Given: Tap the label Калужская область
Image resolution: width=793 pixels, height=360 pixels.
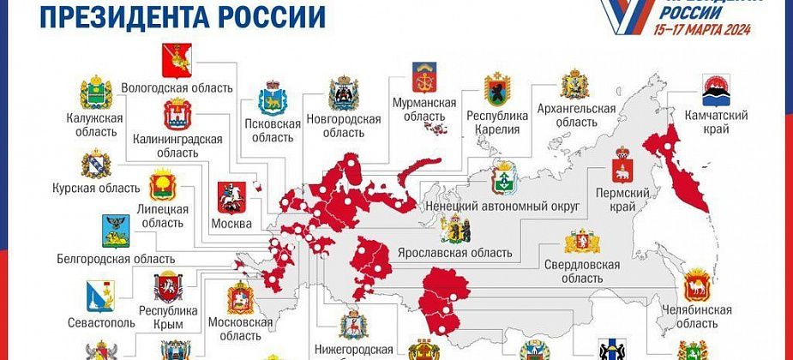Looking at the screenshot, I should [x=93, y=125].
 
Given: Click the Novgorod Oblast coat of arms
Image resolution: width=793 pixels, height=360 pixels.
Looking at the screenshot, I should [x=344, y=94].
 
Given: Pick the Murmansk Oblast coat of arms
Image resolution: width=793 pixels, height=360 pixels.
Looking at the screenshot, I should [x=424, y=78].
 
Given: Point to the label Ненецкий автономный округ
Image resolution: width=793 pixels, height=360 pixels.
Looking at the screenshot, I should [x=503, y=207].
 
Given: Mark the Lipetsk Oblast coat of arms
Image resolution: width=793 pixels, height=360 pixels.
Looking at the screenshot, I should [x=163, y=184].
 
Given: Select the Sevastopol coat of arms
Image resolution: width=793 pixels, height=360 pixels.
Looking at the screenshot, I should [x=99, y=297].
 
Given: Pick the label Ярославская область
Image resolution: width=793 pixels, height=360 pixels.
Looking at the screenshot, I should [x=455, y=253].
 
